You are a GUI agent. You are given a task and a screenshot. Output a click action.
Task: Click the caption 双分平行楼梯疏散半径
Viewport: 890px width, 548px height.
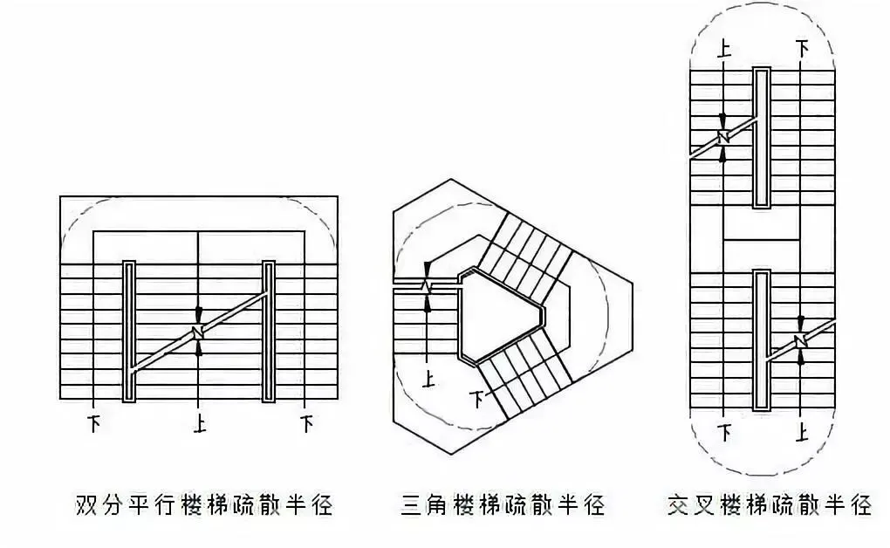(x=204, y=504)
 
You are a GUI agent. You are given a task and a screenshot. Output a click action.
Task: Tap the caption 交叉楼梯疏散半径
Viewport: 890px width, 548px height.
(x=770, y=504)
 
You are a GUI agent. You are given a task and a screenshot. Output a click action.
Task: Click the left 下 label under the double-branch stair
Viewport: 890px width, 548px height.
(x=93, y=425)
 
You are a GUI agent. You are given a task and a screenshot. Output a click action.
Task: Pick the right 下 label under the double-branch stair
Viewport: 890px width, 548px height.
(x=305, y=425)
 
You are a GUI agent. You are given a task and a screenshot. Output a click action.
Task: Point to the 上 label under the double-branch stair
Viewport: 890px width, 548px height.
(x=200, y=425)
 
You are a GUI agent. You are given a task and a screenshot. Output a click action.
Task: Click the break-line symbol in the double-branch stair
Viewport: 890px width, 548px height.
(x=199, y=332)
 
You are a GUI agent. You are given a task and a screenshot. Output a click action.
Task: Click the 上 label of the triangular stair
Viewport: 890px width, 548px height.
(x=428, y=379)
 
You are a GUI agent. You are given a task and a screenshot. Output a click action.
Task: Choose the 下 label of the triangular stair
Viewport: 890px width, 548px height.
(x=477, y=400)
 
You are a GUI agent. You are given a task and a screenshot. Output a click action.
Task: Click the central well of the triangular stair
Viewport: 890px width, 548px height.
(x=501, y=316)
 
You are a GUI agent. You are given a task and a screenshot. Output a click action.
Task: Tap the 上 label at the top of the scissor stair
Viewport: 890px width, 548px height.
(x=724, y=47)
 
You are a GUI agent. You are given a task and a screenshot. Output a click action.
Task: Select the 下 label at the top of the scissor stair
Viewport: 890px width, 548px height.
(x=801, y=47)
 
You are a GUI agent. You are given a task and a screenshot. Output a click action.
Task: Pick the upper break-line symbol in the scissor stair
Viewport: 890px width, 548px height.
(x=723, y=137)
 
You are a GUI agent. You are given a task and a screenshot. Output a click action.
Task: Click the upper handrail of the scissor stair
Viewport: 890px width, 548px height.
(x=762, y=138)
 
